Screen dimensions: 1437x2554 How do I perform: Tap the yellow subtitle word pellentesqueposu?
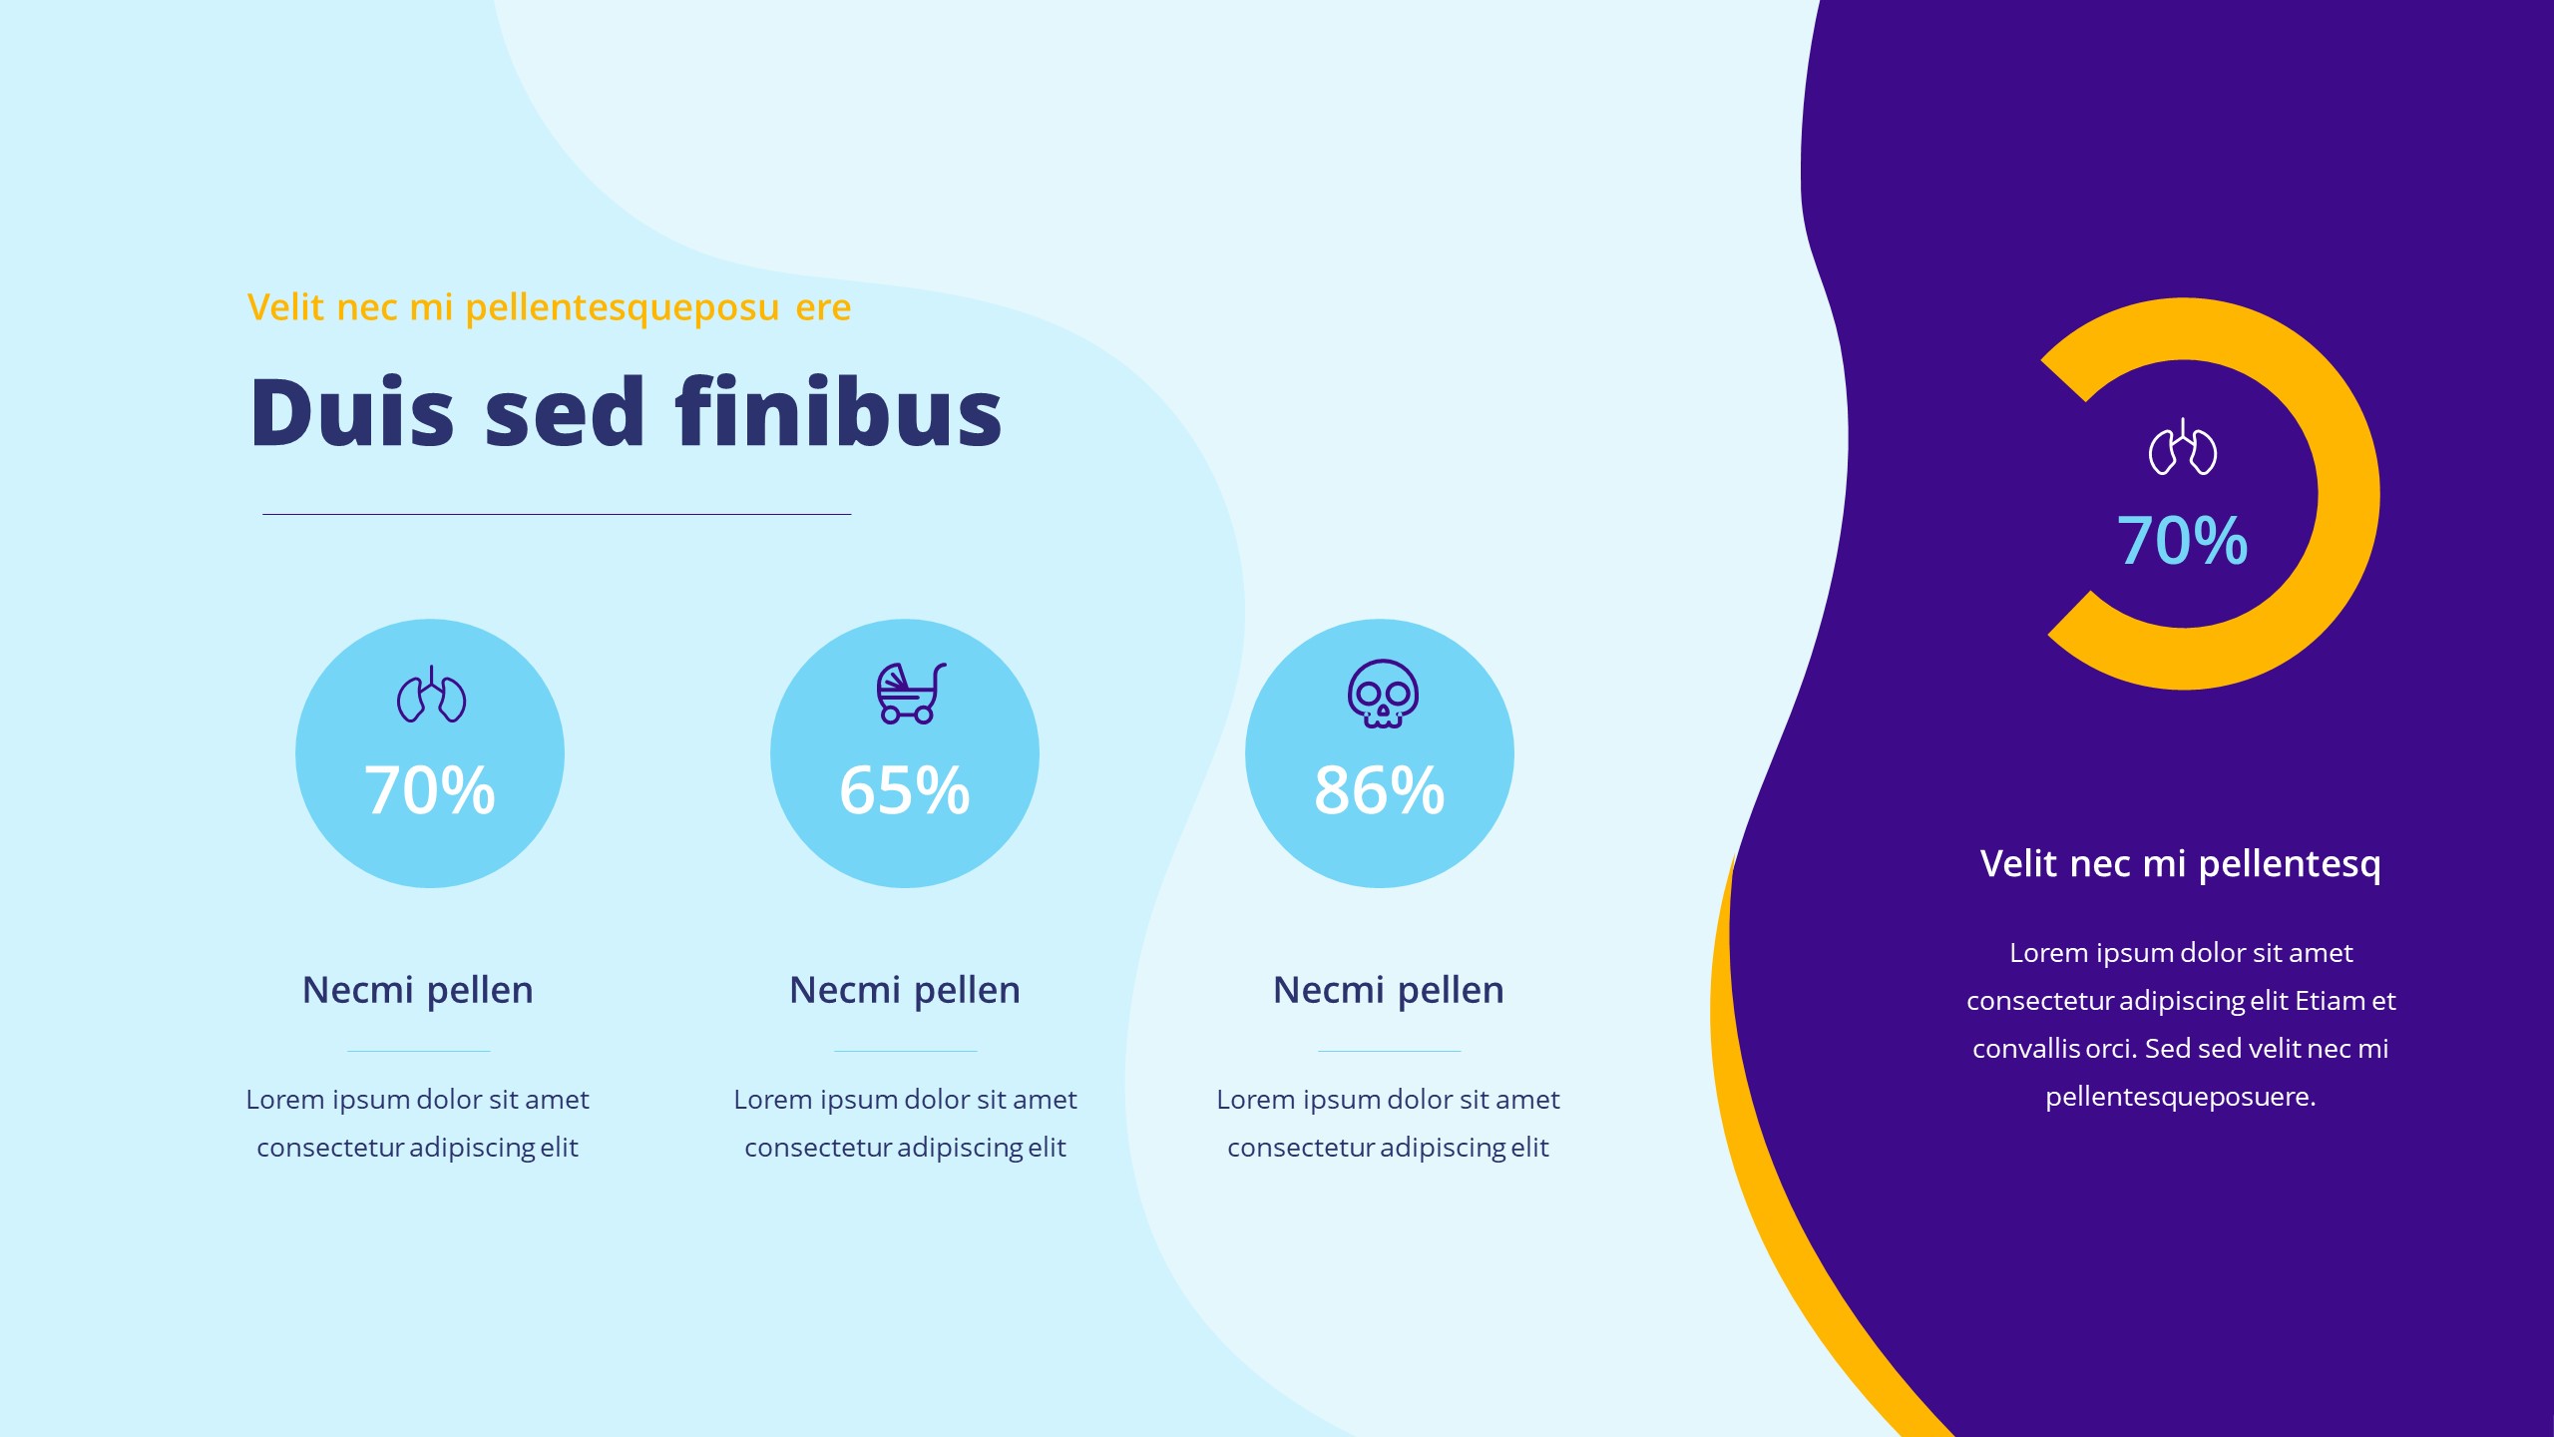tap(622, 308)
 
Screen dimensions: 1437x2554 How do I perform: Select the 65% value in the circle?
tap(904, 790)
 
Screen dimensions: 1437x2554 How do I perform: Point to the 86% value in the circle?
tap(1379, 790)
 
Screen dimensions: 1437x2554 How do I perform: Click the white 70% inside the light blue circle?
tap(429, 790)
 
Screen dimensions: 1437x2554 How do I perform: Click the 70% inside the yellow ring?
tap(2182, 541)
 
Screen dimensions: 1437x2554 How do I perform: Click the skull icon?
tap(1383, 693)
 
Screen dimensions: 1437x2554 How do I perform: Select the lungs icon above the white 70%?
tap(431, 695)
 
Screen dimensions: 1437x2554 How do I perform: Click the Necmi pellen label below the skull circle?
tap(1388, 990)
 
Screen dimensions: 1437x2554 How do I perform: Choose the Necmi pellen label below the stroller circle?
tap(904, 990)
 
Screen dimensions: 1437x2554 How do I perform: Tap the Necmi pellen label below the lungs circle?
tap(417, 990)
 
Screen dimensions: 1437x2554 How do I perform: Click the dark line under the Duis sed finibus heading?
tap(557, 514)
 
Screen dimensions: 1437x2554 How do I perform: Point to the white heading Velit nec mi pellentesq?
tap(2180, 863)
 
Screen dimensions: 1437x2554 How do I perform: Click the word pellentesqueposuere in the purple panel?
tap(2180, 1097)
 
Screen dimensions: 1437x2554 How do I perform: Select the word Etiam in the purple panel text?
tap(2330, 1001)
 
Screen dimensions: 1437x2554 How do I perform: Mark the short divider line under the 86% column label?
tap(1389, 1051)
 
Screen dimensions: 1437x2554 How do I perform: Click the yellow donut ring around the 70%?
tap(2348, 494)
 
